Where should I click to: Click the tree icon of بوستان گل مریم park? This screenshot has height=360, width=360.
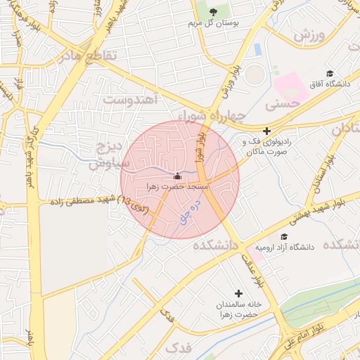[x=214, y=11]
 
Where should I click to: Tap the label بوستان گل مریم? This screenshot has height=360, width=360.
[x=214, y=23]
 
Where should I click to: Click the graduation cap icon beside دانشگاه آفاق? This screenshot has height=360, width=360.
[x=329, y=73]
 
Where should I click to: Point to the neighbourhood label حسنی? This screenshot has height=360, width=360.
[x=283, y=103]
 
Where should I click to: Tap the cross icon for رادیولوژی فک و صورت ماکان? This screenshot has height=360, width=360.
[x=266, y=131]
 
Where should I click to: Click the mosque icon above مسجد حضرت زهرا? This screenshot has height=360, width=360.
[x=176, y=176]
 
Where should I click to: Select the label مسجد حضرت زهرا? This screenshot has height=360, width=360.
[x=176, y=187]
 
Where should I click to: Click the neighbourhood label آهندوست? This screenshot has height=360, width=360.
[x=133, y=97]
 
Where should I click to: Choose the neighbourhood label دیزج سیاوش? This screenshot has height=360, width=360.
[x=110, y=155]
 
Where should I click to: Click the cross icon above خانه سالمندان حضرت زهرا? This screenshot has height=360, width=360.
[x=238, y=293]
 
